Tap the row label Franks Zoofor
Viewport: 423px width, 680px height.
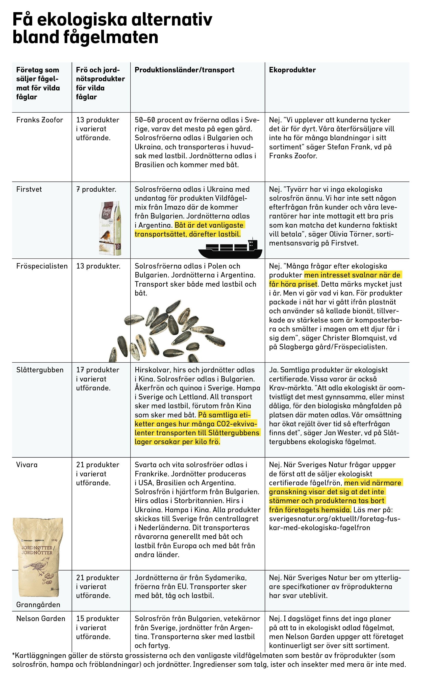39,120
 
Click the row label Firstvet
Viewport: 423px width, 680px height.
29,189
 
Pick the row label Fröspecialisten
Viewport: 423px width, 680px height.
42,266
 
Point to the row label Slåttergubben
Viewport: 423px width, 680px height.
40,370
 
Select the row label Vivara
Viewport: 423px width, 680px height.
26,465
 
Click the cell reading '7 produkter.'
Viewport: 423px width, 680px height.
96,189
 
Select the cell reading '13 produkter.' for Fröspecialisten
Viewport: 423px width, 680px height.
98,266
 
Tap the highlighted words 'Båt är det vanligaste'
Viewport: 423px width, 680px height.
209,225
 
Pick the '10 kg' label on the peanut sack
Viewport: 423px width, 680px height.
54,540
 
